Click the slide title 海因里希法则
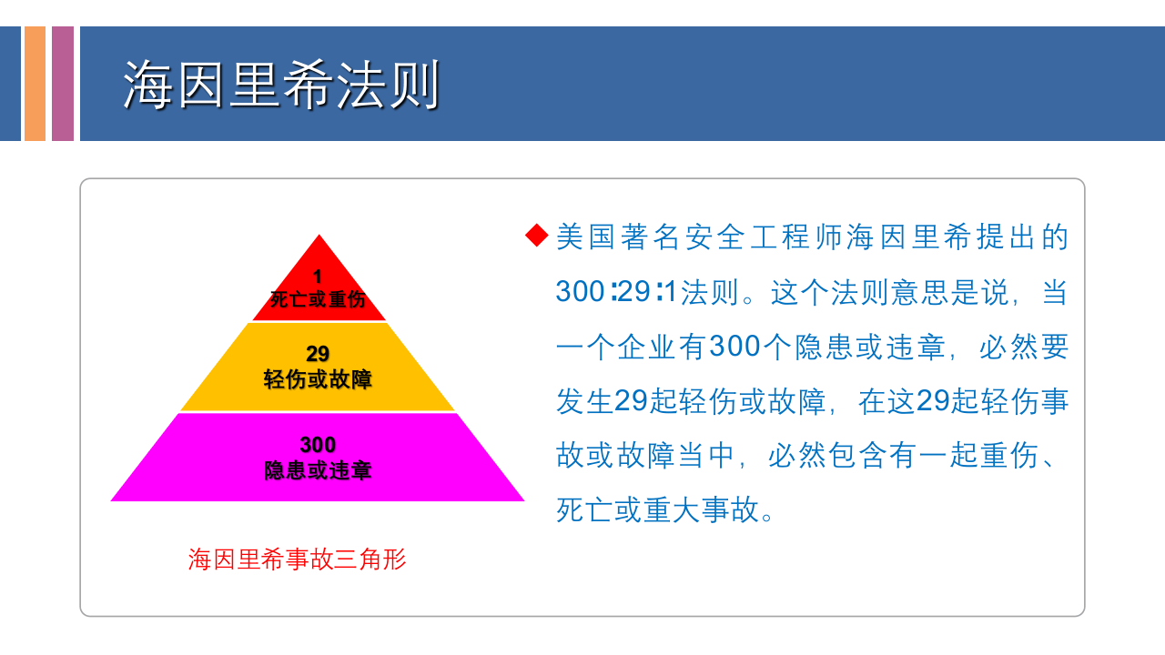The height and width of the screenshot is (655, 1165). pyautogui.click(x=281, y=86)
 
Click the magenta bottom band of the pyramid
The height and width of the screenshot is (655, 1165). pyautogui.click(x=182, y=473)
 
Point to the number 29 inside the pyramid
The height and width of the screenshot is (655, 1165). pyautogui.click(x=318, y=354)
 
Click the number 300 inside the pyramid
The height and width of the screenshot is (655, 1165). pyautogui.click(x=318, y=445)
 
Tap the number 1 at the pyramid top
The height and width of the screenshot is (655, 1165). pyautogui.click(x=318, y=276)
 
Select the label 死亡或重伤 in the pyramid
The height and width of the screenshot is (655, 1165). pyautogui.click(x=318, y=299)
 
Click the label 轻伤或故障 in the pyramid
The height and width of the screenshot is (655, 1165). pyautogui.click(x=318, y=379)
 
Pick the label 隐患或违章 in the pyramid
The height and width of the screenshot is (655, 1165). pyautogui.click(x=318, y=470)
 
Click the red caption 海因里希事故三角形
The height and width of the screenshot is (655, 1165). pyautogui.click(x=297, y=559)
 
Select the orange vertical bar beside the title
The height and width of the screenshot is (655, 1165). pyautogui.click(x=35, y=84)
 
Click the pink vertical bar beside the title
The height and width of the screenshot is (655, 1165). pyautogui.click(x=63, y=84)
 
